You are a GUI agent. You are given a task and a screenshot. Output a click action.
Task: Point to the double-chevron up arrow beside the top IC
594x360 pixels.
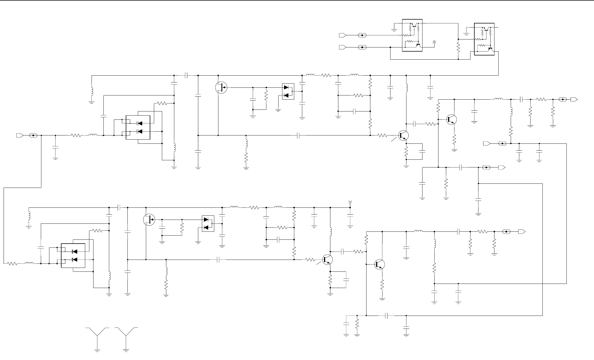434,42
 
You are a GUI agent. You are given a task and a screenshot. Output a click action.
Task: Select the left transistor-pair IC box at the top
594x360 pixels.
412,35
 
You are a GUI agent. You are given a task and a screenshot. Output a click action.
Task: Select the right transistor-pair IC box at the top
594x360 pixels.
484,39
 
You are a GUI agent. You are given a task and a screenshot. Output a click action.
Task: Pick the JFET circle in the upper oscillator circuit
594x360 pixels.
221,87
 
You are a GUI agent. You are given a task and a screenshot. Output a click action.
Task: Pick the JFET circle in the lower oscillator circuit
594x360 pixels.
149,220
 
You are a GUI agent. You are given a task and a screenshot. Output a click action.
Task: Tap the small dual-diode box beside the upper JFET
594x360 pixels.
288,91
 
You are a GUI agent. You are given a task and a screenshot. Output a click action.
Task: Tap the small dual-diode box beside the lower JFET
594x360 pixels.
208,223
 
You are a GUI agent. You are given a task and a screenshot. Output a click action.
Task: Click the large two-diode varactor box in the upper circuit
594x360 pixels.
138,127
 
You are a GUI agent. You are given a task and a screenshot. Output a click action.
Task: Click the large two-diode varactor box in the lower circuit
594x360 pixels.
73,255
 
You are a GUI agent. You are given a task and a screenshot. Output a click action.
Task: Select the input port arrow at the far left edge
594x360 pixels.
20,135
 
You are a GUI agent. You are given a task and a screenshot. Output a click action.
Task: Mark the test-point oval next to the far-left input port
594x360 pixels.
33,135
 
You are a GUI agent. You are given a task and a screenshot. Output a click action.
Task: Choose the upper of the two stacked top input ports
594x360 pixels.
342,35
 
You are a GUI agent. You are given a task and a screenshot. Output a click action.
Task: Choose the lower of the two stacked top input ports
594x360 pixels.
342,47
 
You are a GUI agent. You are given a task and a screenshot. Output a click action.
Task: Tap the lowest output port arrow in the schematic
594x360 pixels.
522,231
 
